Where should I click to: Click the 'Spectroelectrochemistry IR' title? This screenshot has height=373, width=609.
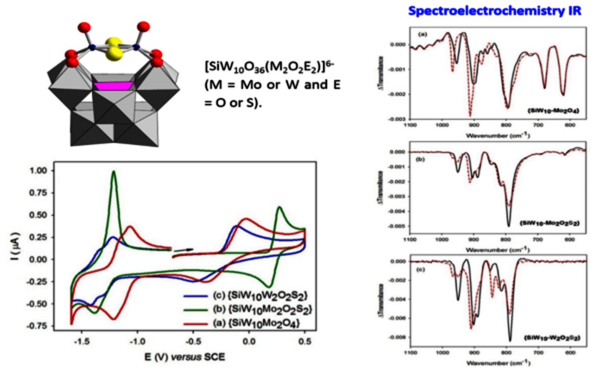tap(494, 10)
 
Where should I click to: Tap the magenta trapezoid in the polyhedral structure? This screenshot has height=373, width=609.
tap(114, 85)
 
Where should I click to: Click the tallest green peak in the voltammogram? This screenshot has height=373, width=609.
tap(114, 172)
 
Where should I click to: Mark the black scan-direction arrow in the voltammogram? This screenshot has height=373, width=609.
tap(184, 249)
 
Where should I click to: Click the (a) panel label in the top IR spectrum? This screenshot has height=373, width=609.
tap(422, 34)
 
